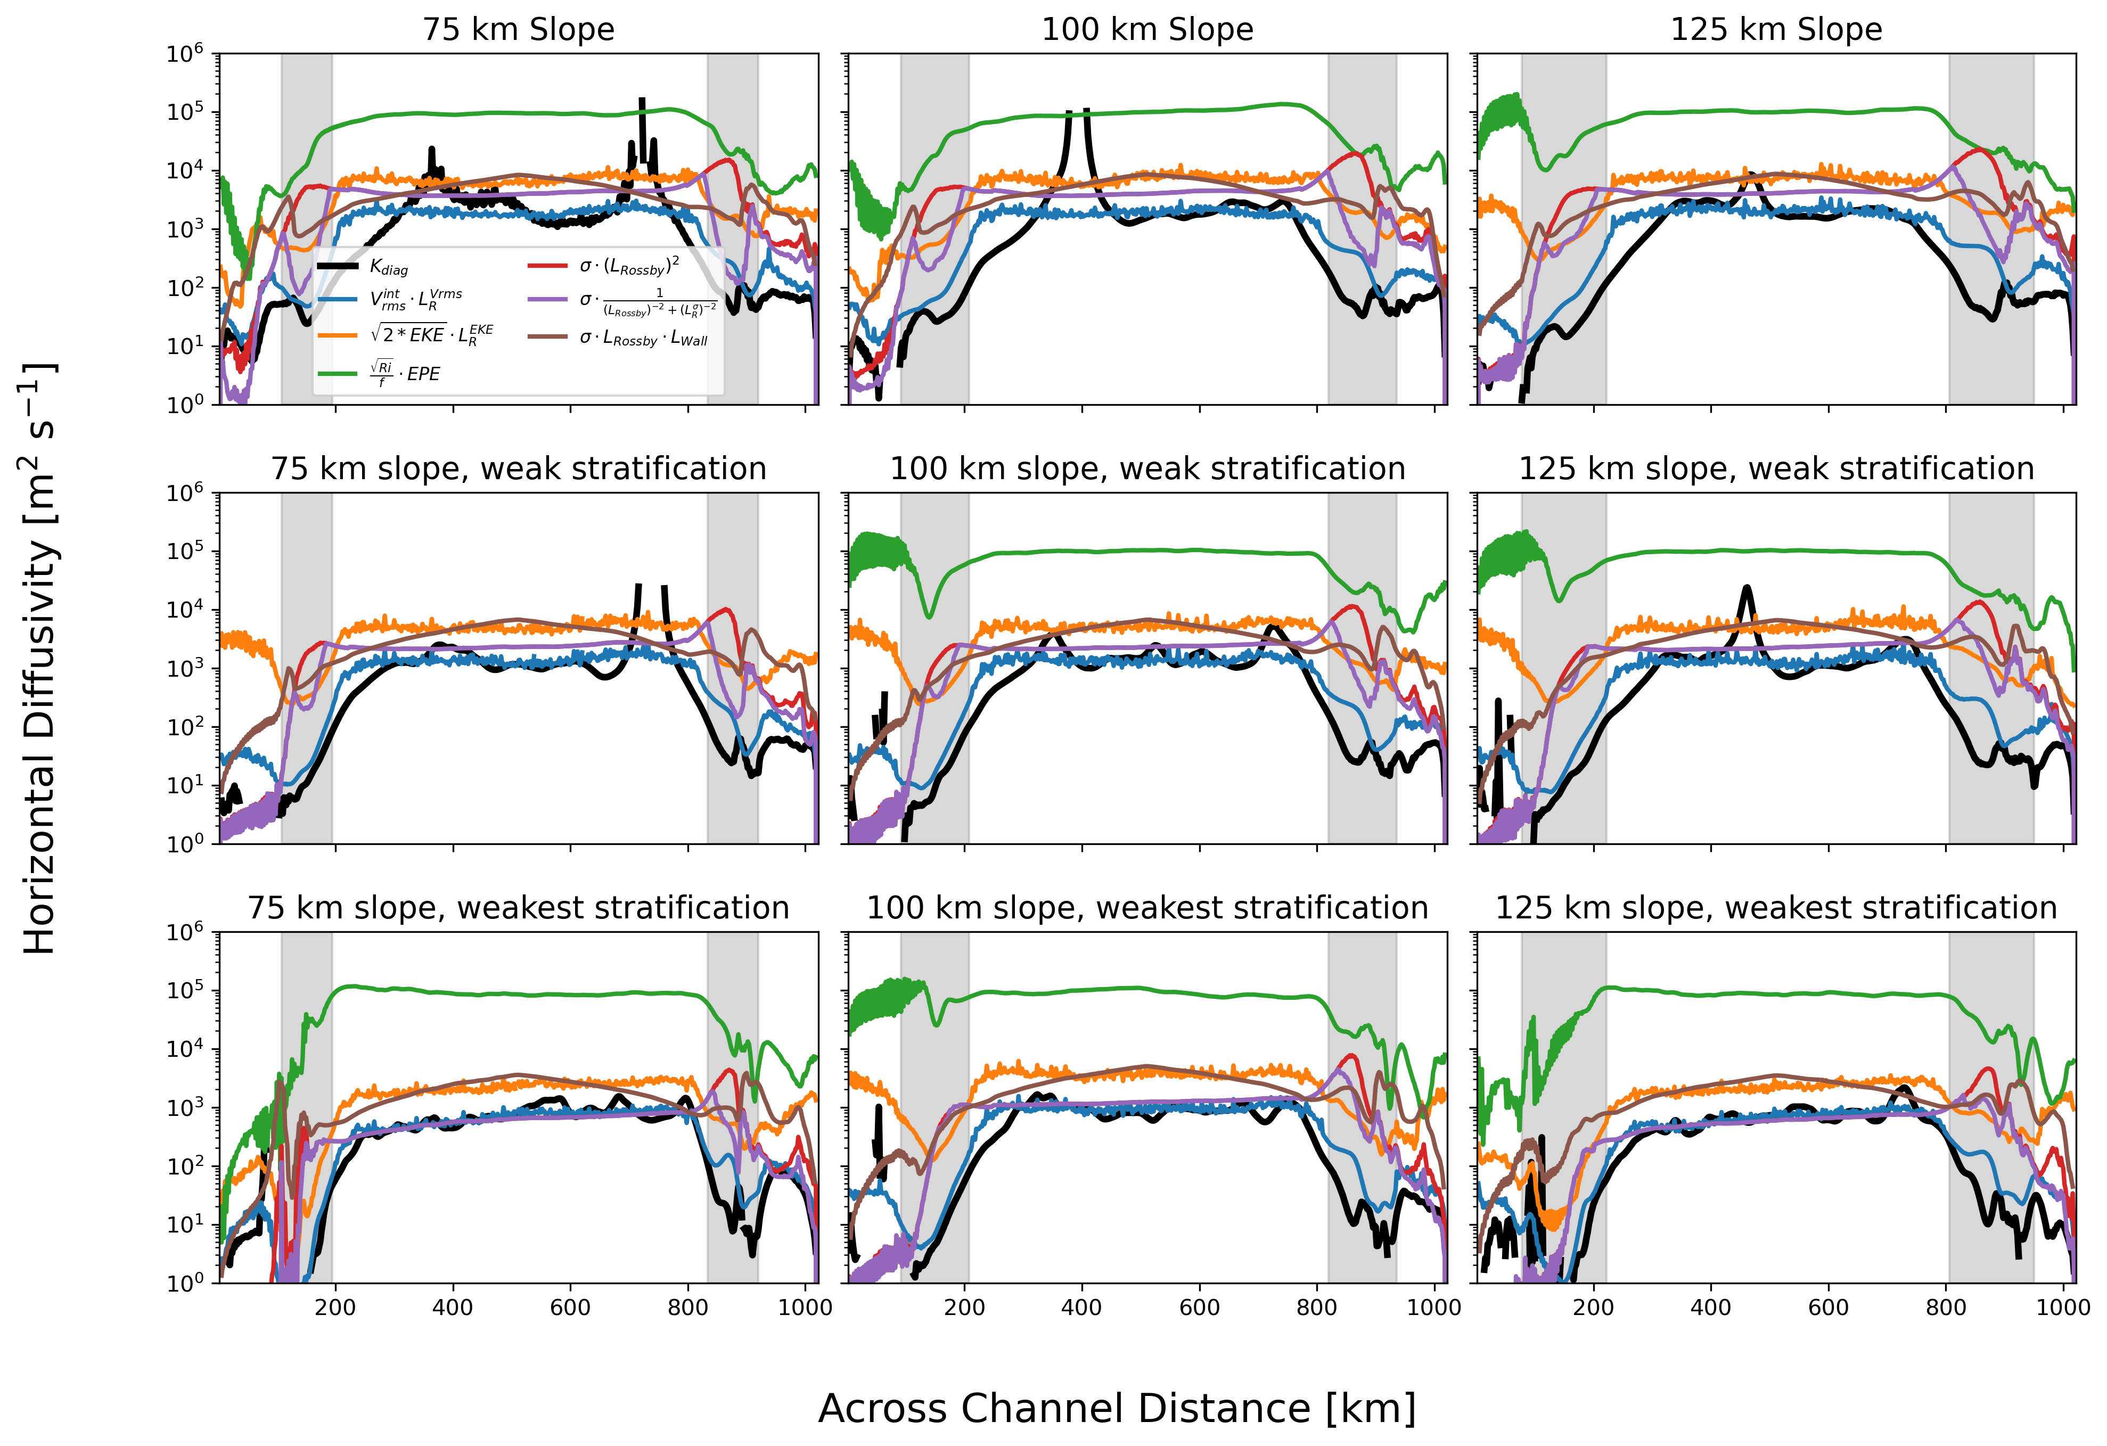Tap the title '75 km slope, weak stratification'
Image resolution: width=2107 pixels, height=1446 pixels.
point(519,469)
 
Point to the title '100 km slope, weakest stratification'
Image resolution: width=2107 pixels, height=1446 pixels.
point(1147,908)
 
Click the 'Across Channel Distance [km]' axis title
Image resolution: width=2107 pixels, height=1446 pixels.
point(1117,1408)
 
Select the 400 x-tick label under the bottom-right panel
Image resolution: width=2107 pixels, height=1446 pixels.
point(1711,1307)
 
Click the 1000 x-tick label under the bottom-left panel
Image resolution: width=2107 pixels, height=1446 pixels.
point(805,1307)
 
